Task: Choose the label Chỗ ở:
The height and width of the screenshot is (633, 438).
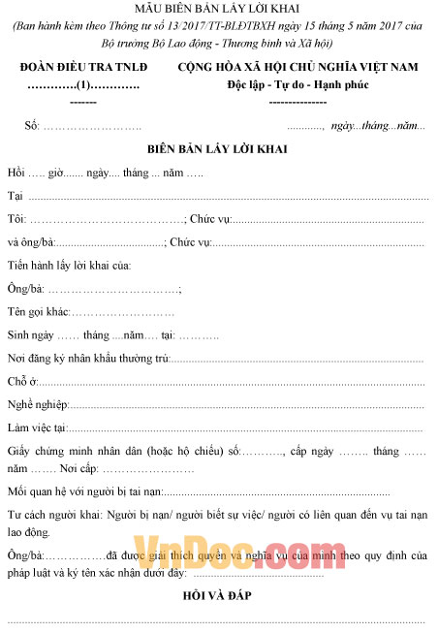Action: [x=21, y=382]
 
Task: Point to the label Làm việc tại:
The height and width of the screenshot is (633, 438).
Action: [x=37, y=427]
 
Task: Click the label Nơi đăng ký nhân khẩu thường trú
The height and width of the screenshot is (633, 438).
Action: [x=88, y=359]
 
